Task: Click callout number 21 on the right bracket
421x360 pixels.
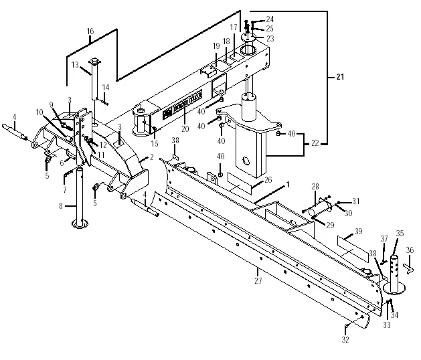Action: [x=340, y=78]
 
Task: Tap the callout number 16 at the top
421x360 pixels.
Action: [x=90, y=31]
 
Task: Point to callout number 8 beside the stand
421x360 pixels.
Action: [x=60, y=206]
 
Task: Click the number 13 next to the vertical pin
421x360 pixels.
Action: [x=76, y=65]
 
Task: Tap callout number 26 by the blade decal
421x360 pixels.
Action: [x=268, y=179]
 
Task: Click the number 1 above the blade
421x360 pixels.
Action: [x=288, y=183]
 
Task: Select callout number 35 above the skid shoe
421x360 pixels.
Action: [x=400, y=233]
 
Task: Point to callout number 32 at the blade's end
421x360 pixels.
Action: [x=345, y=339]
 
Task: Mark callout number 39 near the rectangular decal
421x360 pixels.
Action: [x=359, y=231]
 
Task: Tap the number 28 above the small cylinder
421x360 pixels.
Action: [x=315, y=187]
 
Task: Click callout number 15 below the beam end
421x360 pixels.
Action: [x=155, y=144]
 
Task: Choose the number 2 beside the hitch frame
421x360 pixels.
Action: [x=152, y=157]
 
